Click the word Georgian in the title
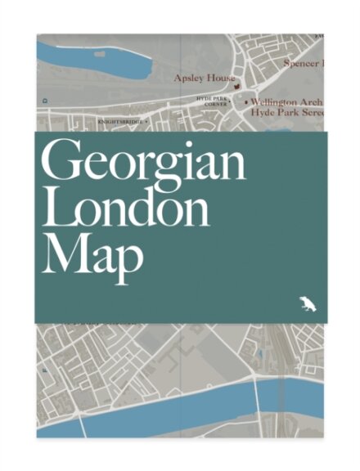(x=144, y=164)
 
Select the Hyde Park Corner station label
(x=216, y=101)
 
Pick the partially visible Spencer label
(x=303, y=61)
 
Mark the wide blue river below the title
(x=164, y=413)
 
